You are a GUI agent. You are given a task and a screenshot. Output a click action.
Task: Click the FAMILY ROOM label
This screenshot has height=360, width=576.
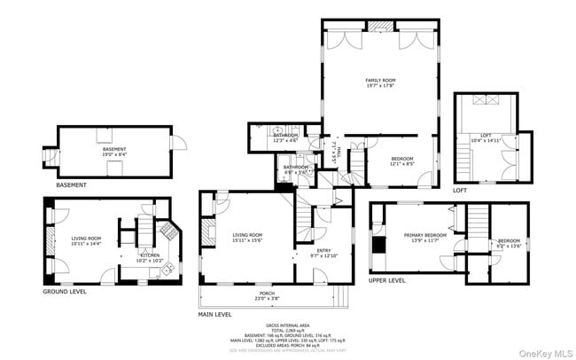tap(380, 80)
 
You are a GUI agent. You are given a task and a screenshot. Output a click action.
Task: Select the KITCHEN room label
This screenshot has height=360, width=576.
tap(149, 254)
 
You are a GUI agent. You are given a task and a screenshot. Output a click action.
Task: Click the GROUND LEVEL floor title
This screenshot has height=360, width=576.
tap(65, 291)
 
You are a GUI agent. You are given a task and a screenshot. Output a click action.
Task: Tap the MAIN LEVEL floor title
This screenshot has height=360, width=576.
tap(215, 314)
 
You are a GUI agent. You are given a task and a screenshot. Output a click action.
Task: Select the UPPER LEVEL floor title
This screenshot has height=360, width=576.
tap(386, 280)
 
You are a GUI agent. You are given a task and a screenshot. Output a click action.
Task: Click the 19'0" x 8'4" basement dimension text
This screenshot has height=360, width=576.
tap(113, 154)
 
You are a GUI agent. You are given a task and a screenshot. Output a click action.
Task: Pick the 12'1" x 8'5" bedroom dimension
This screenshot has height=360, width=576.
tap(402, 163)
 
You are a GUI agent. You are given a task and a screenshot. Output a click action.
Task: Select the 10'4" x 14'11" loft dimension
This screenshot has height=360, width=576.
tap(485, 140)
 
